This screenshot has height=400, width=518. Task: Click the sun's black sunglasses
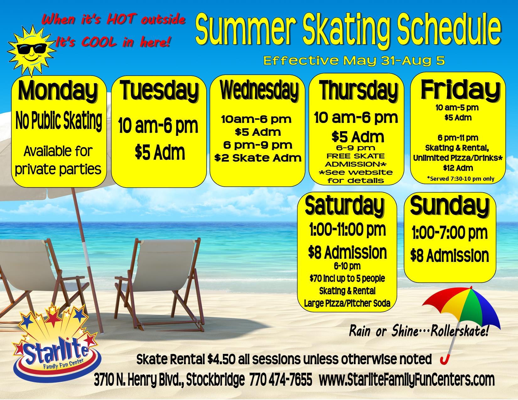pyautogui.click(x=32, y=49)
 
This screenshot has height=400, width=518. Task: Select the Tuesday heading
pyautogui.click(x=159, y=91)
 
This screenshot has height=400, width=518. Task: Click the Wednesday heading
pyautogui.click(x=259, y=91)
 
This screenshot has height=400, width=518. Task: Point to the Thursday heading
pyautogui.click(x=359, y=91)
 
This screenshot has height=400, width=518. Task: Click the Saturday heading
pyautogui.click(x=345, y=206)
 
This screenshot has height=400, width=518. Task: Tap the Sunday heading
pyautogui.click(x=450, y=206)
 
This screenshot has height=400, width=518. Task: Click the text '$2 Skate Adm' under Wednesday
pyautogui.click(x=258, y=158)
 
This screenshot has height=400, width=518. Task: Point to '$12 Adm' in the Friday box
pyautogui.click(x=458, y=168)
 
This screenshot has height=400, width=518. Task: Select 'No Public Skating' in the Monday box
pyautogui.click(x=59, y=121)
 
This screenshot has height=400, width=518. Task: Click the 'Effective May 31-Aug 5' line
pyautogui.click(x=354, y=61)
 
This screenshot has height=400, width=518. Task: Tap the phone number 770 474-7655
pyautogui.click(x=281, y=380)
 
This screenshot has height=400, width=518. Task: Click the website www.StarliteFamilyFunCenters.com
pyautogui.click(x=407, y=380)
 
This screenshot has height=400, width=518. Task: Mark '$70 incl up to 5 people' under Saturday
pyautogui.click(x=347, y=278)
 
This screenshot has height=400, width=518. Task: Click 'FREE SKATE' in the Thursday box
pyautogui.click(x=355, y=156)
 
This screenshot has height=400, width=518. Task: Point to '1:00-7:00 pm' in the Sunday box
pyautogui.click(x=450, y=233)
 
